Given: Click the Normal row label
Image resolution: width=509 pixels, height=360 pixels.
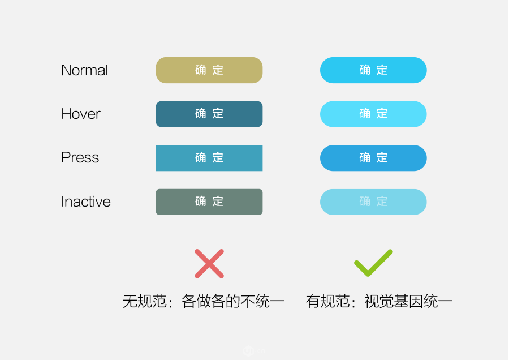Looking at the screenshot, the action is (x=84, y=70).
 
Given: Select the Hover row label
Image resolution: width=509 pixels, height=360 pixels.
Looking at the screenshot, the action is (x=81, y=114).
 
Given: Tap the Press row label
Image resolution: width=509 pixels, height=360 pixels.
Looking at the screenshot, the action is (x=80, y=157).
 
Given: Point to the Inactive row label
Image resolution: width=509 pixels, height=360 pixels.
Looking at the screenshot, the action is (x=86, y=202).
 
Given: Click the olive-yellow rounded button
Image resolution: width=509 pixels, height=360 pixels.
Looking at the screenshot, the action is (x=209, y=70).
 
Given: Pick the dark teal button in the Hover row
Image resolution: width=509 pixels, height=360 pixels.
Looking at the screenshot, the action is (x=209, y=114).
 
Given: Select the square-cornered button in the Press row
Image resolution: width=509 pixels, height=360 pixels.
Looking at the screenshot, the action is (x=209, y=158).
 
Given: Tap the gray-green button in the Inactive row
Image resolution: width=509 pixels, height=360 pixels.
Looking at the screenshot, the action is (x=209, y=202).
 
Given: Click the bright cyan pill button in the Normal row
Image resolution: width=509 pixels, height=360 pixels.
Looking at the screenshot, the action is (x=373, y=70).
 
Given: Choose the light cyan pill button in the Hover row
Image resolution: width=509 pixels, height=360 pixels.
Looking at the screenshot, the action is (x=373, y=114).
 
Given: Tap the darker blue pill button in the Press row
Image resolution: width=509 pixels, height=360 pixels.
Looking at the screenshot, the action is (x=373, y=158).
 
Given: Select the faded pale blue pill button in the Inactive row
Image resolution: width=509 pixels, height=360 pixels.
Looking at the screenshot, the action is (x=373, y=202).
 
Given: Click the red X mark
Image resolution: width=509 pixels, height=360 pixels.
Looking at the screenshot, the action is (x=209, y=264).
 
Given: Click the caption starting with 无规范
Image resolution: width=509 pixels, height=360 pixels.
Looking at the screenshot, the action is (x=204, y=301).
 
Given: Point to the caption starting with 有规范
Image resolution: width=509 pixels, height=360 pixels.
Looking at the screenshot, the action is (x=379, y=301).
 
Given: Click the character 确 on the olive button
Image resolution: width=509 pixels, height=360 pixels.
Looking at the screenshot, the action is (x=201, y=70).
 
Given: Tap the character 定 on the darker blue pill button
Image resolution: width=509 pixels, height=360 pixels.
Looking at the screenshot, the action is (x=382, y=157).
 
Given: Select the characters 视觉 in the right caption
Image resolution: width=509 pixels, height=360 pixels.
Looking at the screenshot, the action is (x=379, y=301).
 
